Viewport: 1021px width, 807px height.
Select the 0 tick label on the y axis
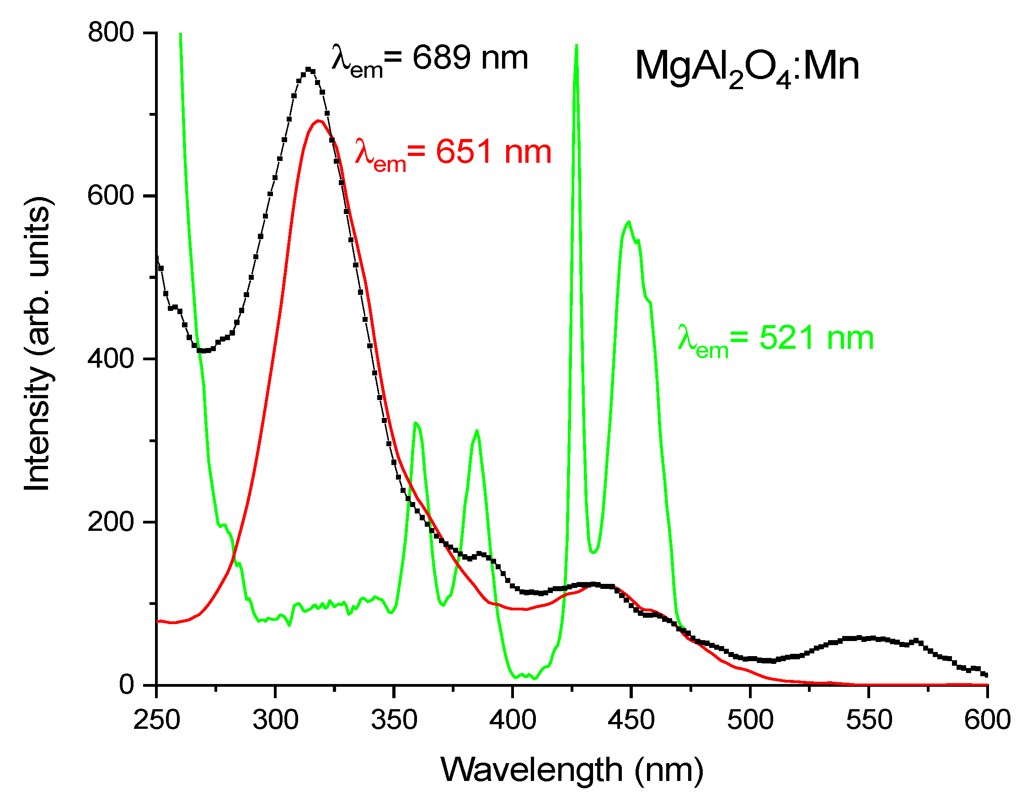pyautogui.click(x=127, y=684)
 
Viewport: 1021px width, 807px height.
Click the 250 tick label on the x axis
pyautogui.click(x=156, y=720)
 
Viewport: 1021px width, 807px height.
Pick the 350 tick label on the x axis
pyautogui.click(x=394, y=720)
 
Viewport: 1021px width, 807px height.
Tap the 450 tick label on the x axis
pyautogui.click(x=631, y=720)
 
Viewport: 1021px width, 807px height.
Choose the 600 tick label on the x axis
pyautogui.click(x=987, y=720)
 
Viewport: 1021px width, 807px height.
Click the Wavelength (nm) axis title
pyautogui.click(x=572, y=770)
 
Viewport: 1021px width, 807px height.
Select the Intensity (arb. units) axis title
pyautogui.click(x=38, y=343)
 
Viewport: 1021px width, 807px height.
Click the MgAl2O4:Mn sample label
pyautogui.click(x=747, y=69)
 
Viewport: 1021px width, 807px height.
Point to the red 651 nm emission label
pyautogui.click(x=453, y=154)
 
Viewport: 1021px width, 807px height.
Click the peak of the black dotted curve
pyautogui.click(x=309, y=69)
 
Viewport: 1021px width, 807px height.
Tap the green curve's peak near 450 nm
pyautogui.click(x=628, y=222)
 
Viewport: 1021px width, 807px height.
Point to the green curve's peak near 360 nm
pyautogui.click(x=415, y=423)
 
